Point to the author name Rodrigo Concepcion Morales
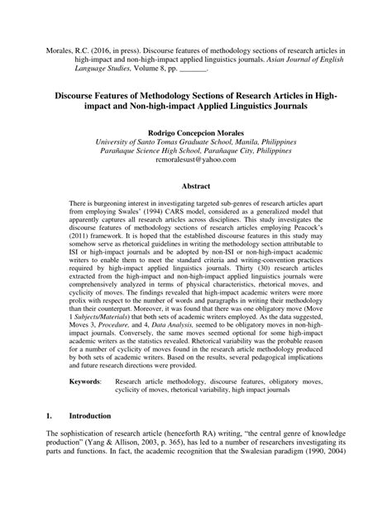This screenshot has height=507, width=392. tap(196, 132)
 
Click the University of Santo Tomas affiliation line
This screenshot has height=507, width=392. tap(196, 142)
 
